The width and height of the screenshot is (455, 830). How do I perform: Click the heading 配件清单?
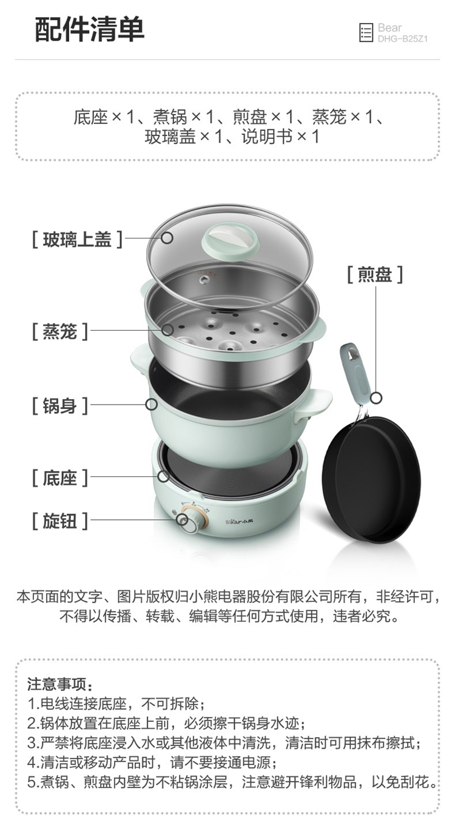(89, 29)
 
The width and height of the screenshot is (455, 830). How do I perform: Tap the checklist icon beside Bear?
(366, 33)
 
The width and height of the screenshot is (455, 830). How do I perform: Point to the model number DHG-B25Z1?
(402, 39)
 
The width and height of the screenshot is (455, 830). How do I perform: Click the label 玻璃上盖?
(77, 240)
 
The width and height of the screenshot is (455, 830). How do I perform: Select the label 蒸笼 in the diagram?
(59, 331)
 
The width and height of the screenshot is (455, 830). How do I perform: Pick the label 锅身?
(59, 405)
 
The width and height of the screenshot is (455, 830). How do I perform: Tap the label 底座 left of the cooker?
(59, 477)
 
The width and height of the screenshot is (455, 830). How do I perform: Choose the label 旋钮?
(59, 521)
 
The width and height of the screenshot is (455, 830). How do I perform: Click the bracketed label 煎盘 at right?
(375, 275)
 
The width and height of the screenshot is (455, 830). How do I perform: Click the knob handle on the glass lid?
(230, 240)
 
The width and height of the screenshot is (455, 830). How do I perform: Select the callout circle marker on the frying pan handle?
(377, 398)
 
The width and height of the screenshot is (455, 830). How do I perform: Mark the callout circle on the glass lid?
(167, 238)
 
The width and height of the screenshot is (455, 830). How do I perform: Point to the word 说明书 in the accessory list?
(267, 137)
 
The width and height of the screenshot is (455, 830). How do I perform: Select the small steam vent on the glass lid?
(203, 278)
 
